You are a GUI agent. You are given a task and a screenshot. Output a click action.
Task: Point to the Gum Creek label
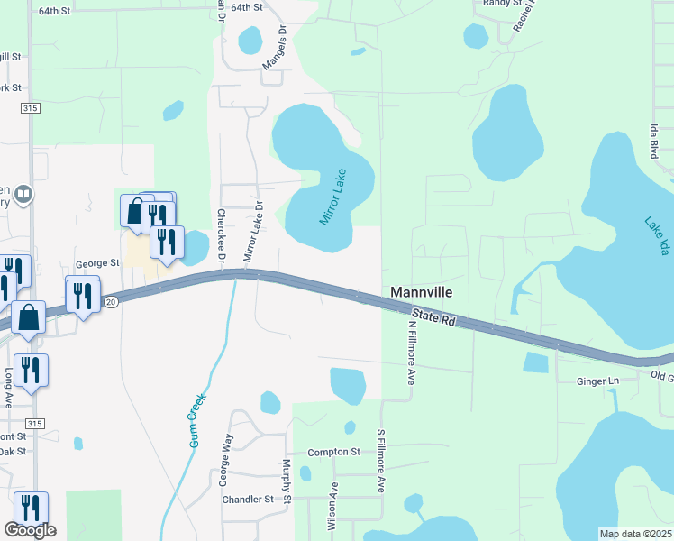[x=197, y=420]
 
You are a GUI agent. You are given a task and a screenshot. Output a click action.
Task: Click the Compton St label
[x=333, y=452]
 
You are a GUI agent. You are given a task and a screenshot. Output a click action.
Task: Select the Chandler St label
[x=248, y=499]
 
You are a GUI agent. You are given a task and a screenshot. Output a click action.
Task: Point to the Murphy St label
[x=286, y=481]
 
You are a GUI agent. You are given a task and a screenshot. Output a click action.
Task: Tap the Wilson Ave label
[x=332, y=506]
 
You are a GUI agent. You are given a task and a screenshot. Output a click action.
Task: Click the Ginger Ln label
[x=597, y=381]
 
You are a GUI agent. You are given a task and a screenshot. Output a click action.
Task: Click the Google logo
[x=30, y=530]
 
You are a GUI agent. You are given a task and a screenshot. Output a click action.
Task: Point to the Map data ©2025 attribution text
[x=635, y=534]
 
